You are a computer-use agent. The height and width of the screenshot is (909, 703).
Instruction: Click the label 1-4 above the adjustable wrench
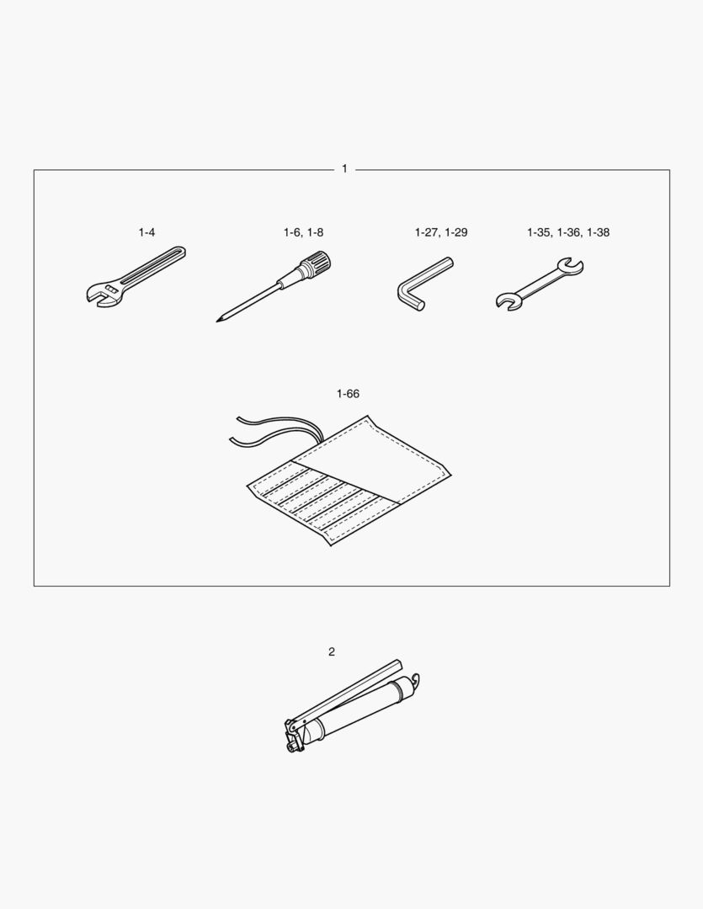pos(146,232)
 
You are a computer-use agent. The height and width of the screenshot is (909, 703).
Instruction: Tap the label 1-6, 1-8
pos(303,232)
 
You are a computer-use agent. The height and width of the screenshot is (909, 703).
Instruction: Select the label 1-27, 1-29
pos(441,232)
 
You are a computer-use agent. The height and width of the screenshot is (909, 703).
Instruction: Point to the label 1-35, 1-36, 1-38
pos(567,232)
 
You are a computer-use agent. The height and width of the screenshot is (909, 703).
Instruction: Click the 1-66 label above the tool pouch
pos(348,394)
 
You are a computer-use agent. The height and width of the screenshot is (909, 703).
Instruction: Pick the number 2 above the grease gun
pos(332,651)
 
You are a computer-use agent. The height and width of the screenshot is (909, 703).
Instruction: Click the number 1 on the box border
pos(344,168)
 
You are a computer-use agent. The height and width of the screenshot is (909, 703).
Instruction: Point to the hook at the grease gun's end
pos(415,680)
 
